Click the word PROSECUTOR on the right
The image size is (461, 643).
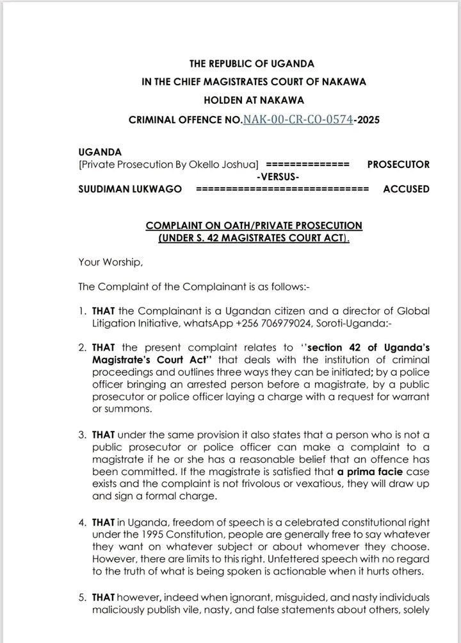point(398,164)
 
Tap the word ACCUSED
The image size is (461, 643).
point(406,189)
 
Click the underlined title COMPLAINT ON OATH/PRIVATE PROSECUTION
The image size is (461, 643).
point(254,226)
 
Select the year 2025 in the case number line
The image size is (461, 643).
point(368,119)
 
